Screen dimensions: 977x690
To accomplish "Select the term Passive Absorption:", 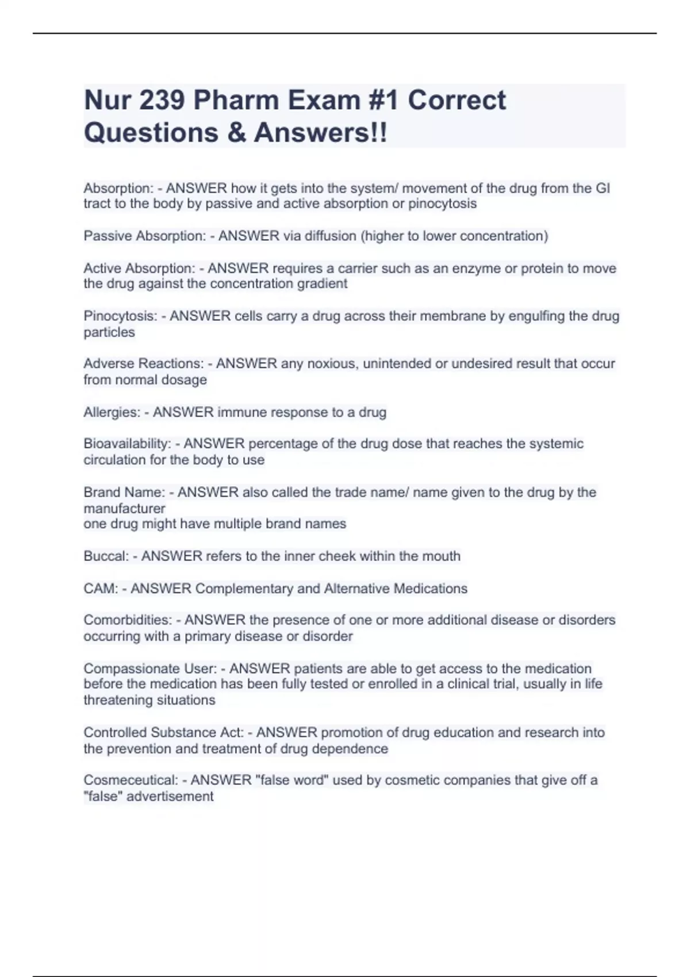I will tap(144, 236).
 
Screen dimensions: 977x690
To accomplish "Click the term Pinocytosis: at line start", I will tap(120, 316).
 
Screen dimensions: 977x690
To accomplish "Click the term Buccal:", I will tap(106, 556).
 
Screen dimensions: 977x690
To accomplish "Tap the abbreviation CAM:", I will tap(101, 588).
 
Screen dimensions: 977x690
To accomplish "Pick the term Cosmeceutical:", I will tap(131, 780).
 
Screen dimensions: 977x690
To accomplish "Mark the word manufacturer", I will tap(124, 509).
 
